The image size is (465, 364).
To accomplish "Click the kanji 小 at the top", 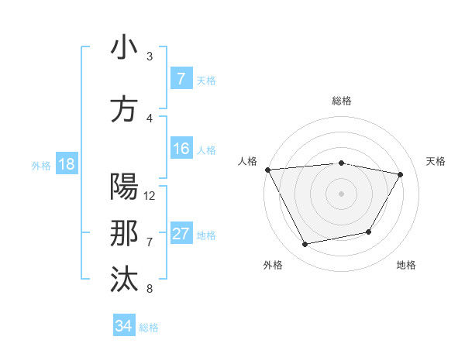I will point(124,48).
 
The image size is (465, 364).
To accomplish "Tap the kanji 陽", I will point(124,187).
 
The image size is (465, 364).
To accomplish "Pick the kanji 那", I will point(124,234).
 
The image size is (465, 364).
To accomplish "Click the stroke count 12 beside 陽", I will point(150,196).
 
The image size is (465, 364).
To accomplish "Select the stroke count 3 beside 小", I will point(150,57).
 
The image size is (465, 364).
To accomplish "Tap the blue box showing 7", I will point(181,79).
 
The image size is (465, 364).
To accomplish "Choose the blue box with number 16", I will point(181,149).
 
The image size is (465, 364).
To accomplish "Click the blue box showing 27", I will point(181,234).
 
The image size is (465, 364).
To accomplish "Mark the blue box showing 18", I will point(66,164).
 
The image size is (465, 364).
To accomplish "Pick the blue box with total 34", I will point(123,326).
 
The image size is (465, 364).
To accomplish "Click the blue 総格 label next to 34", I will point(149,328).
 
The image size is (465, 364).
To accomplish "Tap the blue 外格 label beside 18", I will point(41,165).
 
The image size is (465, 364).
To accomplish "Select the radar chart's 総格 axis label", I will point(342,101).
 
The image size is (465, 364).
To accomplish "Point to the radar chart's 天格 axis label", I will point(436,161).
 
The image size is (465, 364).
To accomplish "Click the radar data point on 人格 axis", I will point(267,170).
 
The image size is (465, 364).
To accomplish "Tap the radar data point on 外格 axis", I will point(305,245).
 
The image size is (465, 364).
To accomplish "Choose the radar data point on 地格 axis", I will point(369,232).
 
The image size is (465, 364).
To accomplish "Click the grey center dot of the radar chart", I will point(342,194).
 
